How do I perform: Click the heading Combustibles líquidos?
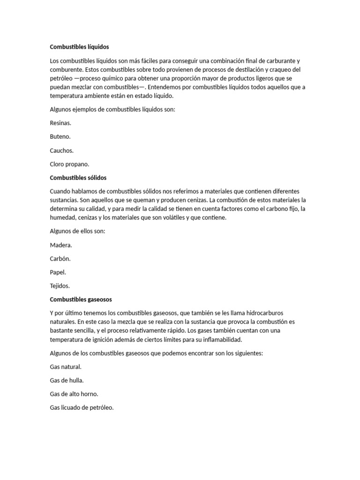tap(79, 47)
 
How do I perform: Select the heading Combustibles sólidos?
tap(78, 178)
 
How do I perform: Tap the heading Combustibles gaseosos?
tap(81, 299)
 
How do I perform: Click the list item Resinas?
tap(60, 123)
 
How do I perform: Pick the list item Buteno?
tap(60, 137)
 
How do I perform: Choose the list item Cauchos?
tap(61, 150)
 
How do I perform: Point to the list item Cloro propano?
tap(69, 165)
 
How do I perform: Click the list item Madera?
tap(61, 245)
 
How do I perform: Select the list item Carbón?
tap(60, 258)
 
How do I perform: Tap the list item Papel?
tap(58, 272)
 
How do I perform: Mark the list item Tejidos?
tap(60, 285)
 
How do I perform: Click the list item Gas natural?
tap(66, 367)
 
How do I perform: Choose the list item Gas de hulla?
tap(67, 381)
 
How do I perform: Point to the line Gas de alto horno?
tap(74, 394)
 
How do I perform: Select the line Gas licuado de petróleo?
tap(82, 408)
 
